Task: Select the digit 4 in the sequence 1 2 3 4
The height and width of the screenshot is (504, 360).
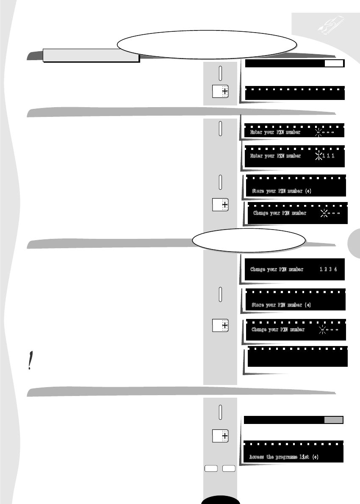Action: (335, 269)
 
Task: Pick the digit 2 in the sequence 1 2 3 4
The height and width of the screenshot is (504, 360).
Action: (325, 269)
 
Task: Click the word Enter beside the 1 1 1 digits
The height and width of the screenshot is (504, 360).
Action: (257, 156)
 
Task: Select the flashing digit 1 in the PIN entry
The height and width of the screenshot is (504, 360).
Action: (320, 156)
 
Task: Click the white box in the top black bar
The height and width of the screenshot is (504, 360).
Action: (335, 64)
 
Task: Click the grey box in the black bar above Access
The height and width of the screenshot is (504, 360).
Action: (333, 420)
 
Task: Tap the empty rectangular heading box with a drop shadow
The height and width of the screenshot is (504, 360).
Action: (91, 55)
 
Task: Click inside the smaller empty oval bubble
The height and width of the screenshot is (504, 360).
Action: (249, 240)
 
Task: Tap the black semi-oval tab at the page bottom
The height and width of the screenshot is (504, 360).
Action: (220, 500)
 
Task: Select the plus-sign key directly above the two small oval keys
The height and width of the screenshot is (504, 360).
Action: (220, 435)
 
